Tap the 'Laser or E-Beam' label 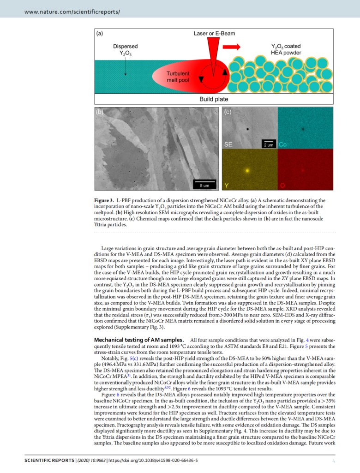[x=214, y=34]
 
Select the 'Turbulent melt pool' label [x=178, y=77]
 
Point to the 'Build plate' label [x=213, y=99]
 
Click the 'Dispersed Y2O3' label [x=125, y=50]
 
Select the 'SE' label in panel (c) [x=228, y=144]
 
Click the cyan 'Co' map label [x=283, y=144]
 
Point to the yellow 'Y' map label [x=227, y=186]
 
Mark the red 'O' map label [x=282, y=186]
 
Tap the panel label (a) [x=100, y=34]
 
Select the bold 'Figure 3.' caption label [x=104, y=200]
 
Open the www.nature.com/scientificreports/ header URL [x=72, y=11]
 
